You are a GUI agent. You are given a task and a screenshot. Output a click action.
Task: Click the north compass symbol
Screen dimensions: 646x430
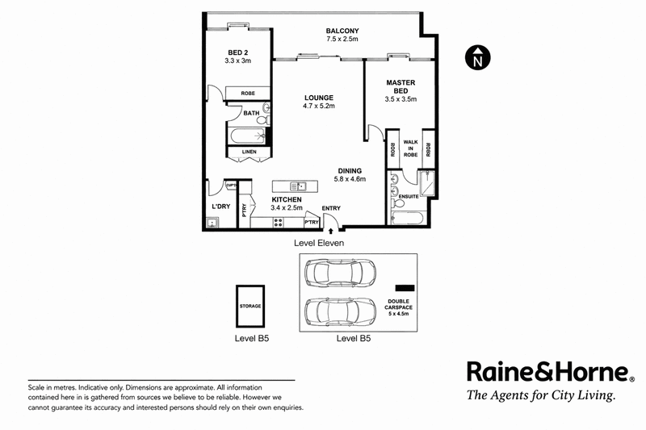pos(477,57)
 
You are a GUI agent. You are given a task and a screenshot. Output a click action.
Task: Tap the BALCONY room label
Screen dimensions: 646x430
pos(342,31)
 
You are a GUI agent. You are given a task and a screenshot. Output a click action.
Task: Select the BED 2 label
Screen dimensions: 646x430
pos(237,52)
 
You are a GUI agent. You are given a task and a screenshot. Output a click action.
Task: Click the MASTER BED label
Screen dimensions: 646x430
pos(401,86)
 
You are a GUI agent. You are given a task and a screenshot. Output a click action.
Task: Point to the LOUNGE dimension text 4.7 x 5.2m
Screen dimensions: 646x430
pos(319,106)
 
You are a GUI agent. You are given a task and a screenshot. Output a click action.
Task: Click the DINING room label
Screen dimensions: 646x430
pos(350,171)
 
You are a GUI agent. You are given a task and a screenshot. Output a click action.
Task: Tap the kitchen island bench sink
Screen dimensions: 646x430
pos(298,186)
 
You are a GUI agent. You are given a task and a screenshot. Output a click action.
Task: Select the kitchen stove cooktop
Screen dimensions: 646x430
pos(279,223)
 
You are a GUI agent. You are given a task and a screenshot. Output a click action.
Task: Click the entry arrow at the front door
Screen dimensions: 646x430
pos(331,232)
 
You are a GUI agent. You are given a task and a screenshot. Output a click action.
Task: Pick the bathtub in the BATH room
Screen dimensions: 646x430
pos(246,136)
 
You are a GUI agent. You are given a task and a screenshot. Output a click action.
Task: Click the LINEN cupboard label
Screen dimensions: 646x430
pos(250,152)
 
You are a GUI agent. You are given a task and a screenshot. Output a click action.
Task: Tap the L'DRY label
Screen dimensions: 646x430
pos(220,207)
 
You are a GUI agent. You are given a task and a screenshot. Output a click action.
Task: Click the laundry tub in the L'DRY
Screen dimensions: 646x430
pos(212,223)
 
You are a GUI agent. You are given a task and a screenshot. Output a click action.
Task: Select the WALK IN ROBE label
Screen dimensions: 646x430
pos(411,148)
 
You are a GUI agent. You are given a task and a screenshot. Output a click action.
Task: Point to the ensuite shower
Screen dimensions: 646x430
pos(426,183)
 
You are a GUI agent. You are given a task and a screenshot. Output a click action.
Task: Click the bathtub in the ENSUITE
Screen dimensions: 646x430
pos(407,218)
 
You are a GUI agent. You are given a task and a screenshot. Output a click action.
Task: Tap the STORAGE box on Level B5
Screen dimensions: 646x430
pos(250,306)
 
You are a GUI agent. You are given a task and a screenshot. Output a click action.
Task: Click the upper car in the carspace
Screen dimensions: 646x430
pos(340,273)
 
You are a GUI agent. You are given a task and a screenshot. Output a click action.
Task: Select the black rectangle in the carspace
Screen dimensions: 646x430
pos(405,288)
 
